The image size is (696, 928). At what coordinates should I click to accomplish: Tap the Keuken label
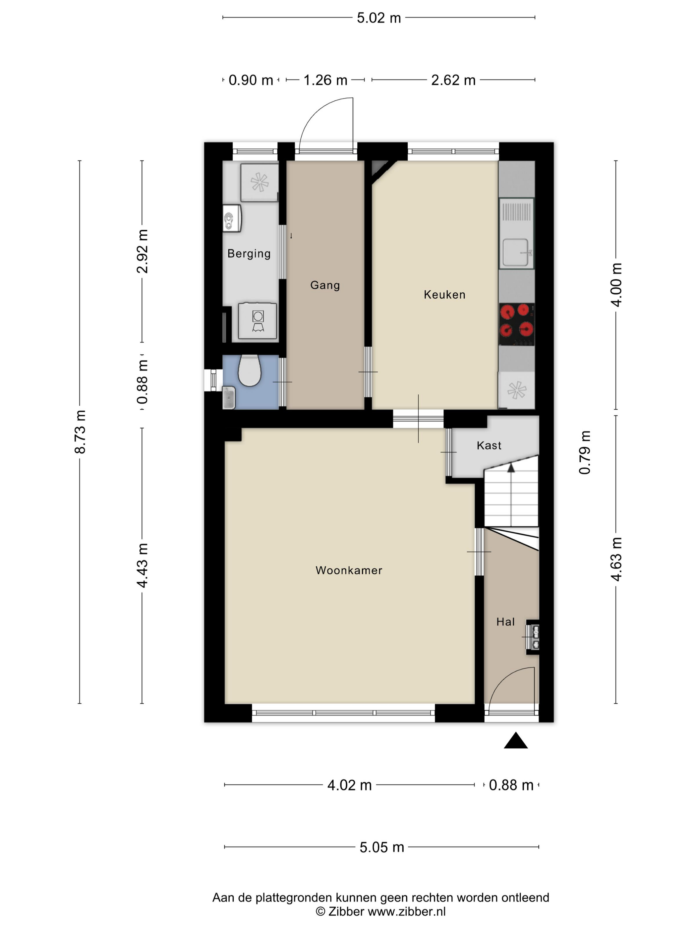click(444, 295)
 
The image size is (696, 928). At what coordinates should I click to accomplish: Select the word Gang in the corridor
click(325, 285)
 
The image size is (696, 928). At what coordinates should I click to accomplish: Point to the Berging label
click(249, 254)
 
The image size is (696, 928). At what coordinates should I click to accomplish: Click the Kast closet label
click(489, 445)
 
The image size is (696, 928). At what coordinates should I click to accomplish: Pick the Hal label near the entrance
click(505, 622)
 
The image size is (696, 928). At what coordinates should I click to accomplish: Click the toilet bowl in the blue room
click(250, 371)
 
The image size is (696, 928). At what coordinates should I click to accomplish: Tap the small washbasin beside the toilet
click(229, 398)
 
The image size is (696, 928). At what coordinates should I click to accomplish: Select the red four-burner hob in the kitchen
click(516, 324)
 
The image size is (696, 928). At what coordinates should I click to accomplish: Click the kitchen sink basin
click(516, 253)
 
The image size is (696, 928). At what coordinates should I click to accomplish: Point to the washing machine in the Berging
click(258, 320)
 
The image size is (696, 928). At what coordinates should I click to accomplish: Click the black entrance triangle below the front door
click(516, 740)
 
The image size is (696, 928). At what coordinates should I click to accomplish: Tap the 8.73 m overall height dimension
click(80, 432)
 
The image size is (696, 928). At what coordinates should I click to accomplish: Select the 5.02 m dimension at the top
click(379, 18)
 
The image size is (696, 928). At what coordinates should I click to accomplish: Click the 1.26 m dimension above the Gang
click(325, 80)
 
